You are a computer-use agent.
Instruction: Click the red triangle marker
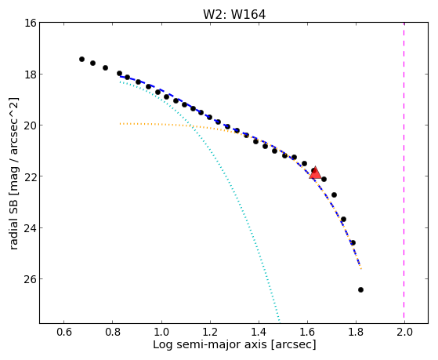coord(315,173)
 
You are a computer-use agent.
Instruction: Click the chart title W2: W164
coord(234,15)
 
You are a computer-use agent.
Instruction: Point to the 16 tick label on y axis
coord(31,23)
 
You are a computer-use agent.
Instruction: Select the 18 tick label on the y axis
coord(31,75)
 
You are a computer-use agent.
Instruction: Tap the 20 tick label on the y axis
coord(31,125)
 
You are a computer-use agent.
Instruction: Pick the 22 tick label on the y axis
coord(31,176)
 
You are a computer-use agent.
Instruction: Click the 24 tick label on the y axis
coord(31,227)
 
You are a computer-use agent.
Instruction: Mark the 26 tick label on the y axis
coord(31,279)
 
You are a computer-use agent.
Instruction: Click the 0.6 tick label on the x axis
coord(64,333)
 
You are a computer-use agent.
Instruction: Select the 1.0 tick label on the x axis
coord(161,333)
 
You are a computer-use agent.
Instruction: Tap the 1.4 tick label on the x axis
coord(259,333)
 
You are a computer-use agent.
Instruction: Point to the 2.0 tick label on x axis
coord(404,333)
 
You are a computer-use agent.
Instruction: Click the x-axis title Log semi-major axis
coord(210,345)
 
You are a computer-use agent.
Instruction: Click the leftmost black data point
coord(81,59)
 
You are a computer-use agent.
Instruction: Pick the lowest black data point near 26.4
coord(360,289)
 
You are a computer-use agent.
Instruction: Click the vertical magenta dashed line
coord(404,173)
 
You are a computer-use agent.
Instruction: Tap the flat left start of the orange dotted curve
coord(121,123)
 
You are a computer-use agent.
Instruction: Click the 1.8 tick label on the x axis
coord(356,333)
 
